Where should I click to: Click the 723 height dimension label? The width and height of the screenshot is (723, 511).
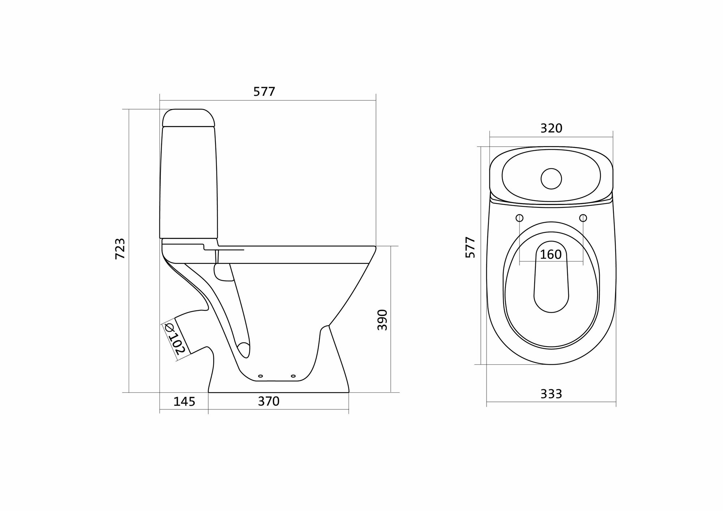[120, 249]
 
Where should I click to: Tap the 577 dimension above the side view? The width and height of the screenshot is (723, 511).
[264, 92]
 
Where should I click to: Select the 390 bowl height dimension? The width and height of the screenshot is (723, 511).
[382, 319]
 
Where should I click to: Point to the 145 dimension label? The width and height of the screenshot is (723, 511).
[184, 401]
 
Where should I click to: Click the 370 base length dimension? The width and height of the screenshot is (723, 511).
[269, 401]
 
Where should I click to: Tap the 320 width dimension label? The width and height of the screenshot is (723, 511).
[551, 128]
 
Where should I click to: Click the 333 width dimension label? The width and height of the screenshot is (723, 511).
[551, 394]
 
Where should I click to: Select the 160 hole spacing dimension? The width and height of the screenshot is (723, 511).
[551, 255]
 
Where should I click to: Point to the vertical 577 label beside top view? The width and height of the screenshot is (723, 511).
[470, 247]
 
